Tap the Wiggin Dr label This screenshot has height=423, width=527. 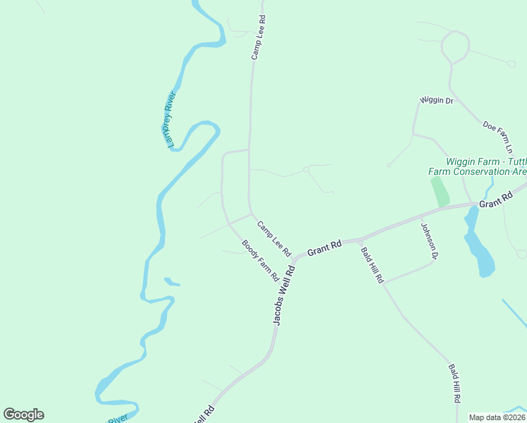pos(436,101)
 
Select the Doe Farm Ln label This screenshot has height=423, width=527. pos(497,137)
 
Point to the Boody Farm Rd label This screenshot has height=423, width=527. pos(259,261)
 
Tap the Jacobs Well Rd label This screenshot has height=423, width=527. pos(284,294)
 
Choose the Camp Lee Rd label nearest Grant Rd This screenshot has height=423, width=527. pos(274,238)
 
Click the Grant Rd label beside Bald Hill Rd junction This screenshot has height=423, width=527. pos(325,248)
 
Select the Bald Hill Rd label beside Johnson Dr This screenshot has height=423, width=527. pos(371,264)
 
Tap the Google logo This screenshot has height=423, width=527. pos(23,415)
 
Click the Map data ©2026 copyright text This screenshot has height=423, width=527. pos(497,417)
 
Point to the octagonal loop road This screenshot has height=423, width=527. pos(455,47)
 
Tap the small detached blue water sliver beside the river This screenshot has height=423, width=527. pos(172,282)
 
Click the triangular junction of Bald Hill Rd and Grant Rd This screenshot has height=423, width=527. pos(360,241)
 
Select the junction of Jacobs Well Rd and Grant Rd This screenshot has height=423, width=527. pos(295,257)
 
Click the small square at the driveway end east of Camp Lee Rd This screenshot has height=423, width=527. pos(306,169)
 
